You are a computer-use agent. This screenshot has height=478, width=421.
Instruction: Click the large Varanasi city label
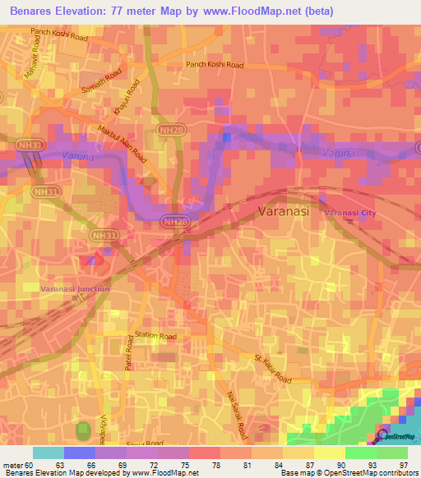pos(283,211)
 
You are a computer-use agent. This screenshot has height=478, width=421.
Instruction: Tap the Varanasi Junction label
pos(75,288)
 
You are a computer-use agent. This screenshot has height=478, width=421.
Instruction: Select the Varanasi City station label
pos(349,213)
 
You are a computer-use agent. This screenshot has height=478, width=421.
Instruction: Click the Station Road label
pos(155,336)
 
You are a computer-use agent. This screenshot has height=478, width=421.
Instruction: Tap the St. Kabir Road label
pos(272,369)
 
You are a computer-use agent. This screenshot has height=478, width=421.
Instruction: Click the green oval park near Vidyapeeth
pos(82,431)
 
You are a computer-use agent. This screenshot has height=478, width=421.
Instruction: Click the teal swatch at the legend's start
pos(49,453)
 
